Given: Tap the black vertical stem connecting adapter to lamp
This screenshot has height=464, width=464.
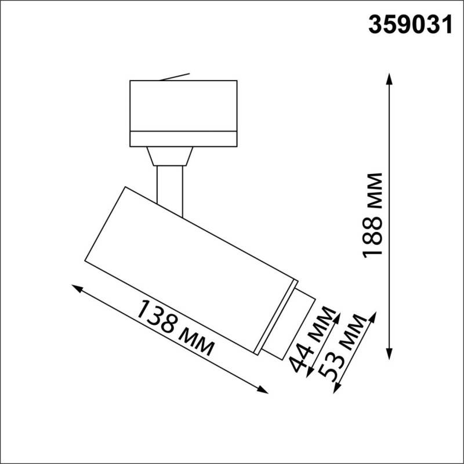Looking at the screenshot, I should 171,188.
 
